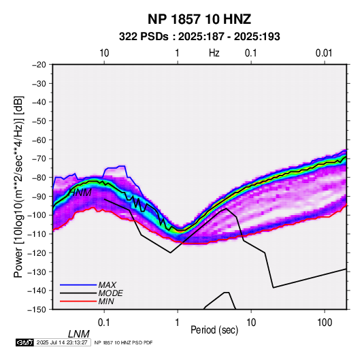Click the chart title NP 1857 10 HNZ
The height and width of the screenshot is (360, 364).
[199, 19]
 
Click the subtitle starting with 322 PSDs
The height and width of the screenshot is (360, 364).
[199, 37]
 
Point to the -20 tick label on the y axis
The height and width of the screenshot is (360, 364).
[39, 65]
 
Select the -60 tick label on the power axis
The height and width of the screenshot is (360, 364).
[39, 140]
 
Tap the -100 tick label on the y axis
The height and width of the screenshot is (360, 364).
[37, 215]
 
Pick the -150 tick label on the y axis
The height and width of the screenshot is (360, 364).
[37, 310]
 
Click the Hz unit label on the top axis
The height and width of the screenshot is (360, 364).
[214, 53]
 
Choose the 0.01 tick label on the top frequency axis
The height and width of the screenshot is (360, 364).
[324, 53]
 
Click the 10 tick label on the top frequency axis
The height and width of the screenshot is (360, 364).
[104, 53]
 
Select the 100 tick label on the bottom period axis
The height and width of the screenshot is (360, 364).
[325, 323]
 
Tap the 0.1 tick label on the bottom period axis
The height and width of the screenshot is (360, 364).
[104, 323]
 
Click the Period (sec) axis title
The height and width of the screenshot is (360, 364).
[214, 330]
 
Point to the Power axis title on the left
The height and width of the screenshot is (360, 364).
[18, 186]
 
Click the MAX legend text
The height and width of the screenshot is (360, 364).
[107, 285]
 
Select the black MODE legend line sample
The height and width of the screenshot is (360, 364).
[78, 293]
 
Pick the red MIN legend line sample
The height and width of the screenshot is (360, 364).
[78, 301]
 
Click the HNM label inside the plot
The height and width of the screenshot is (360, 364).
[80, 193]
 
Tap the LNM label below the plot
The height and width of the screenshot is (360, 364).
[79, 334]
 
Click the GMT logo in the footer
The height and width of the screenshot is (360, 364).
[24, 342]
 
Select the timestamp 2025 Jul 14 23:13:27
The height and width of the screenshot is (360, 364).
[62, 342]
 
